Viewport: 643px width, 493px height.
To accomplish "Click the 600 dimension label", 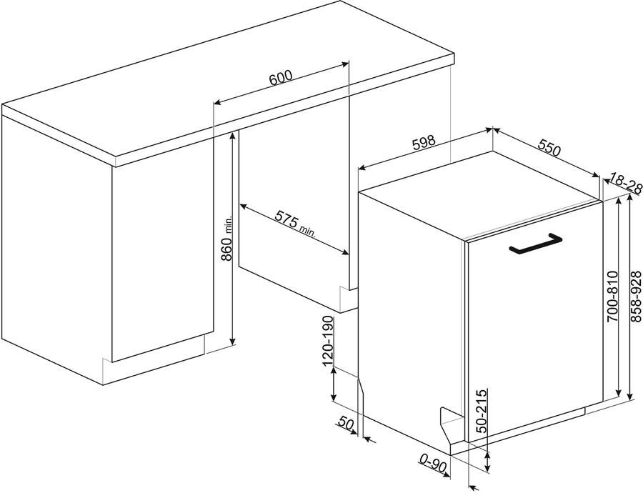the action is [281, 77].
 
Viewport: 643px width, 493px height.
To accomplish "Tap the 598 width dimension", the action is [423, 142].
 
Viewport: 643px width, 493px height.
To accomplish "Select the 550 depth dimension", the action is [549, 147].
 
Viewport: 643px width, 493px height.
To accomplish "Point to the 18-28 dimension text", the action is [626, 183].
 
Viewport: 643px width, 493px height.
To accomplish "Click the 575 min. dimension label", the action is [295, 224].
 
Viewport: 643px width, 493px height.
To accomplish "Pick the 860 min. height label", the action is [226, 239].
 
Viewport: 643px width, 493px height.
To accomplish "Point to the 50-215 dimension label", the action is [482, 410].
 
